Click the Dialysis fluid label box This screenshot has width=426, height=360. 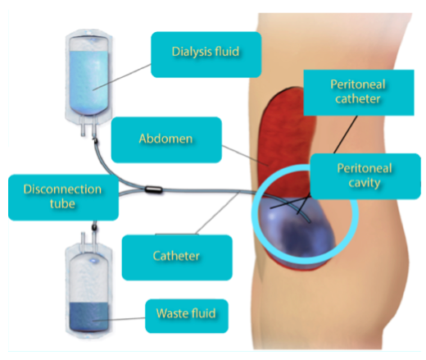point(206,55)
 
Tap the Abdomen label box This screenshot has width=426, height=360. point(166,139)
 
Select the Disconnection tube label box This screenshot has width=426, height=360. point(63,198)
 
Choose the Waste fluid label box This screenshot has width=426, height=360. point(187,316)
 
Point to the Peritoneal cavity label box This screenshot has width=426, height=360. point(365,176)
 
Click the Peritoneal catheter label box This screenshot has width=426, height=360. point(359,93)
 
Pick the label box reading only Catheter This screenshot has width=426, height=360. point(177,257)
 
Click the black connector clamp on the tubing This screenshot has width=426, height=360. point(153,189)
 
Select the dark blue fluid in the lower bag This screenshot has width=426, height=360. point(89,317)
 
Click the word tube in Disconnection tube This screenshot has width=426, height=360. point(62,204)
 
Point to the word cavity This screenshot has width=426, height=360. point(365,183)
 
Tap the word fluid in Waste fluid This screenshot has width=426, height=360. point(202,313)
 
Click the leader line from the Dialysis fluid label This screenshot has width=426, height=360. point(121,77)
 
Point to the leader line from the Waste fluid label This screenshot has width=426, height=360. point(119,319)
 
